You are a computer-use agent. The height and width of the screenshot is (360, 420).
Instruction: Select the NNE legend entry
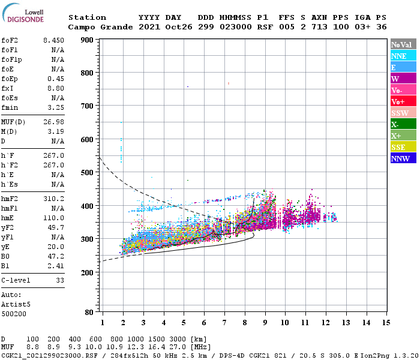(x=403, y=56)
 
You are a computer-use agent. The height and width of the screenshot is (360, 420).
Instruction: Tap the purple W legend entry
(x=403, y=79)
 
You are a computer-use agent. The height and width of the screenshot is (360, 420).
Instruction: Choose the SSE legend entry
(x=403, y=147)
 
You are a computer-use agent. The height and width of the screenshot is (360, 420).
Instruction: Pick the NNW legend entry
(x=403, y=158)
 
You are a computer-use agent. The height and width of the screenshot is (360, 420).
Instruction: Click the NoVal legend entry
(x=403, y=44)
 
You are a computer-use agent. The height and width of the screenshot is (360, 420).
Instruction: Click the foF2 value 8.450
(x=53, y=40)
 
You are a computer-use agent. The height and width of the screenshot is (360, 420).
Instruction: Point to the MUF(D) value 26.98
(x=53, y=122)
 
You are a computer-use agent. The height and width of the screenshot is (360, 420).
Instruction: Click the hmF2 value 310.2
(x=53, y=198)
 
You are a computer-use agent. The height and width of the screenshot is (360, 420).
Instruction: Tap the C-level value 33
(x=59, y=280)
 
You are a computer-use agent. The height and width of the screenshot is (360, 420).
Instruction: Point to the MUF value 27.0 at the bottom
(x=182, y=347)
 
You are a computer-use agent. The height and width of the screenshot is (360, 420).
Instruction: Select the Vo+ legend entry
(x=403, y=101)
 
